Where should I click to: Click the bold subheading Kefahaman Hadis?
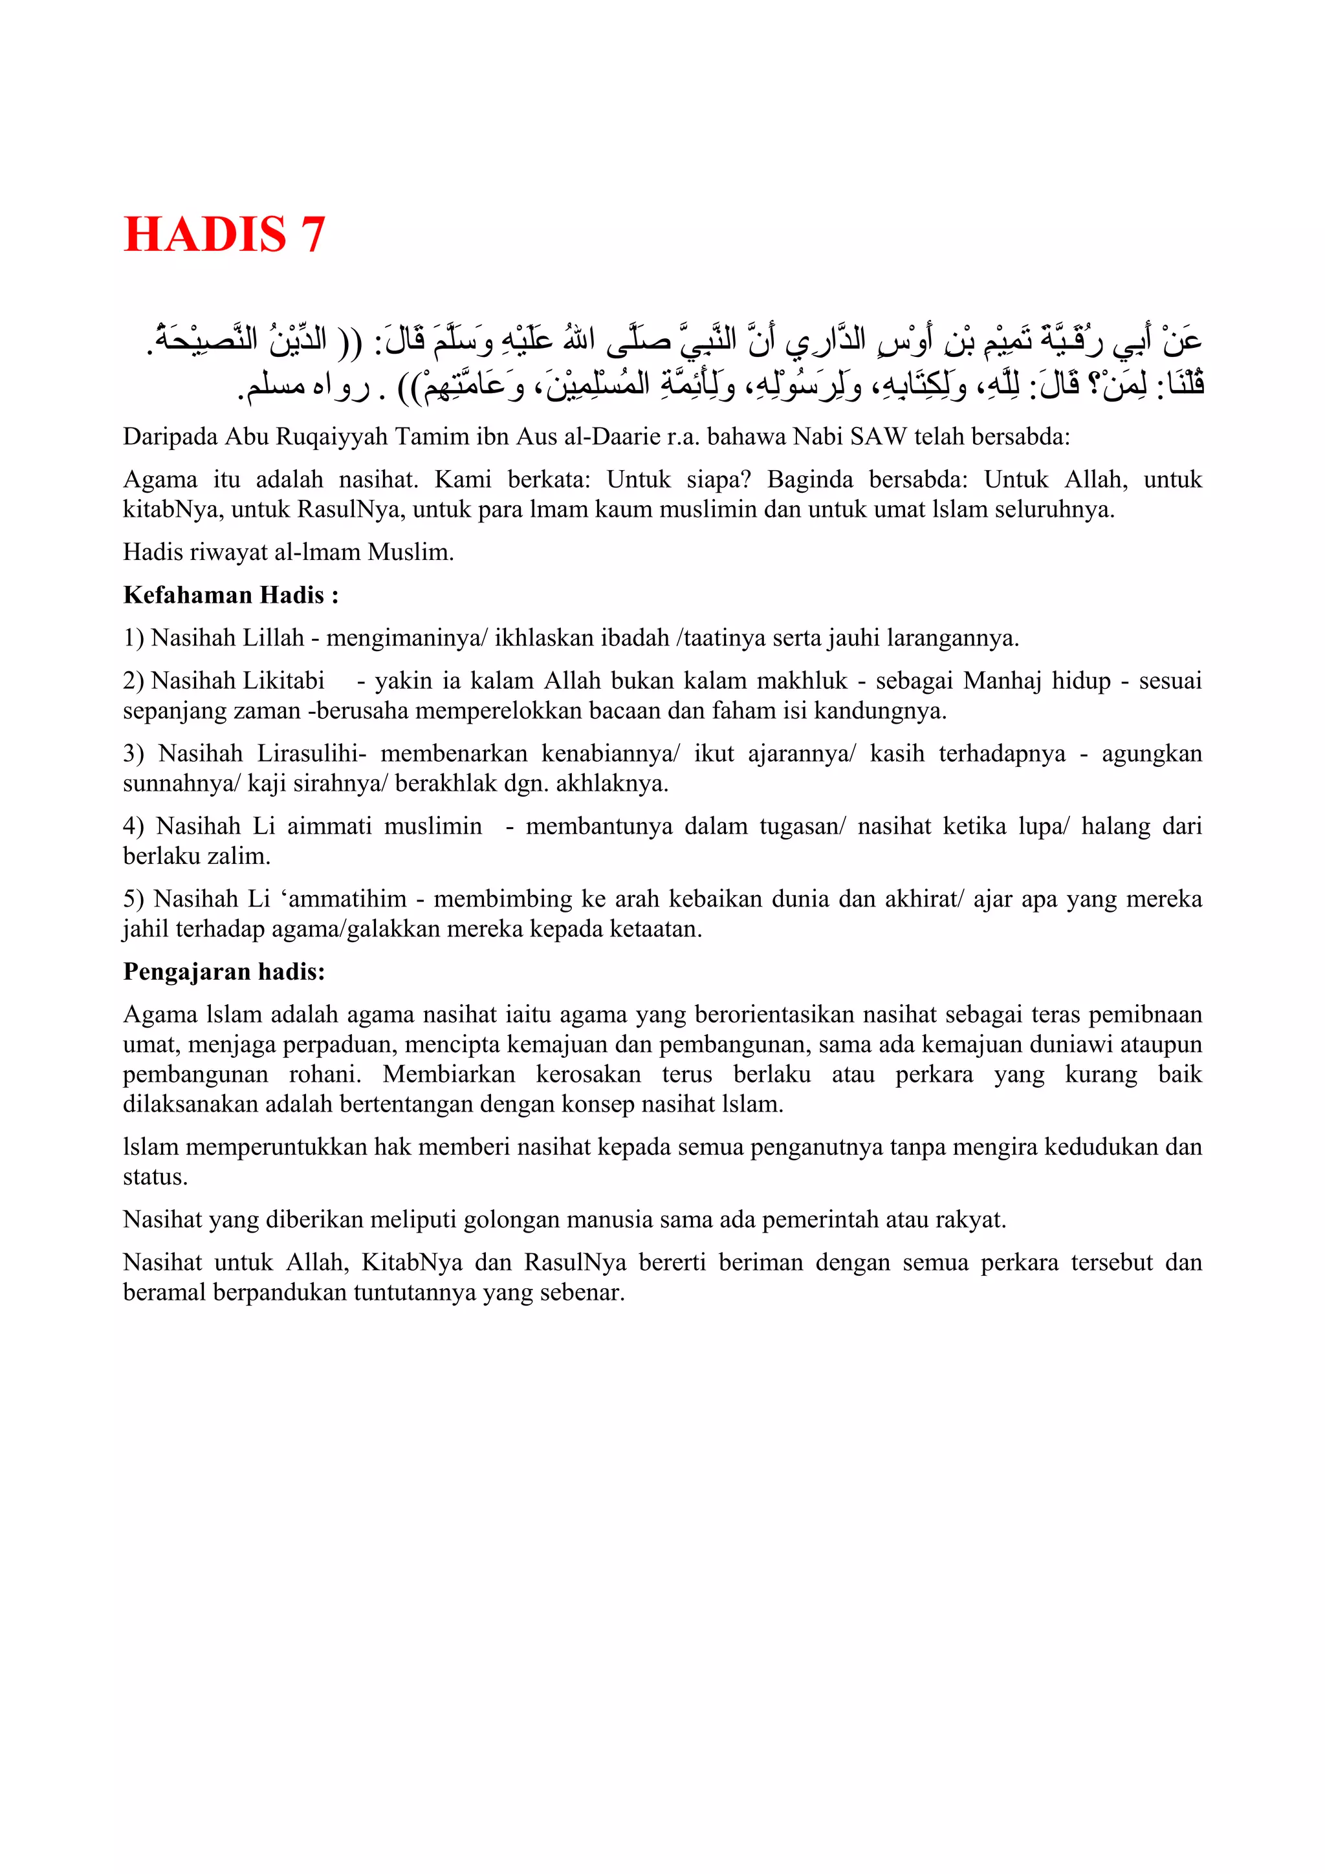click(x=230, y=595)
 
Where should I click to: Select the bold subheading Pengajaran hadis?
click(x=224, y=971)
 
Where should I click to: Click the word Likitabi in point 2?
click(x=279, y=681)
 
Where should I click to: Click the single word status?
click(x=155, y=1177)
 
